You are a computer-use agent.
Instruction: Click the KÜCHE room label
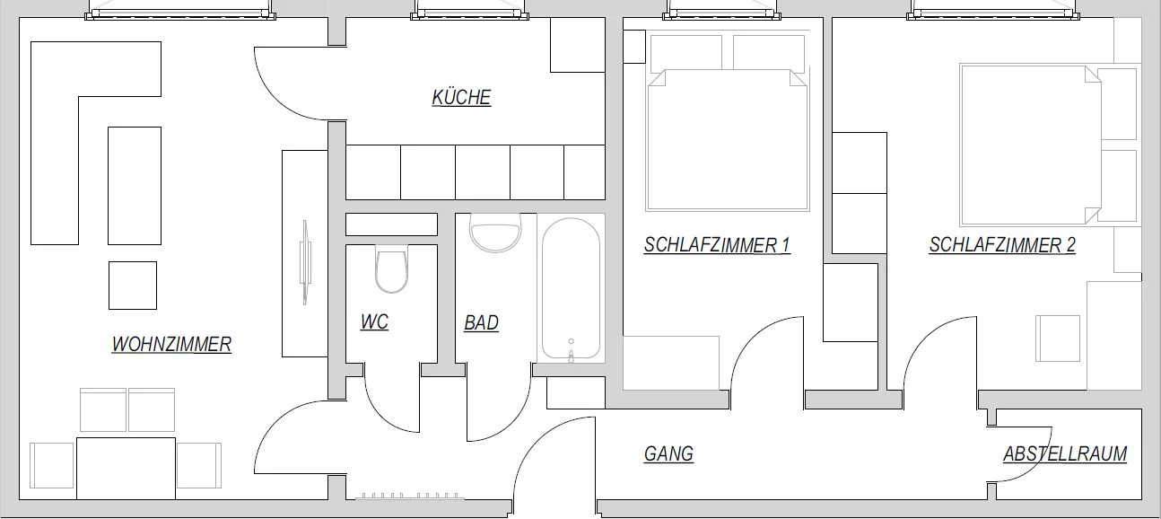(x=461, y=98)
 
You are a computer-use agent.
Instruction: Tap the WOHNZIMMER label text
(x=171, y=344)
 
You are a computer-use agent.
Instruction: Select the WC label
(x=374, y=322)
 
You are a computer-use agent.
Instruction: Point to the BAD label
(x=482, y=323)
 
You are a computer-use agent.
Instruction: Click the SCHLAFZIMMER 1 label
(x=718, y=245)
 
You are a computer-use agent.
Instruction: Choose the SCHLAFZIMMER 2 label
(x=1002, y=245)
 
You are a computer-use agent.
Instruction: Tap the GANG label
(x=668, y=454)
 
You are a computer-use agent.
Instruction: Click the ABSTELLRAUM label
(x=1065, y=454)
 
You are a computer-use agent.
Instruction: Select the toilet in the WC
(x=391, y=268)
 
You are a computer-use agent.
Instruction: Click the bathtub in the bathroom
(x=572, y=288)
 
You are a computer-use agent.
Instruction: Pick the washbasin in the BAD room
(x=495, y=233)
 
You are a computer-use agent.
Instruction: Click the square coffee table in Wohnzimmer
(x=133, y=286)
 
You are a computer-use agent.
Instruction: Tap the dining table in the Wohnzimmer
(x=126, y=469)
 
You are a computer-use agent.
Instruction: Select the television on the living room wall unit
(x=305, y=262)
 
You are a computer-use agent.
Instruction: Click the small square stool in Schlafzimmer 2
(x=1058, y=339)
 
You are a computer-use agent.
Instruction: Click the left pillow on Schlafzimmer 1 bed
(x=686, y=53)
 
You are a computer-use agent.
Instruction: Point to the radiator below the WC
(x=409, y=497)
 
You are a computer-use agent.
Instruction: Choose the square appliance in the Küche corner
(x=578, y=45)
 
